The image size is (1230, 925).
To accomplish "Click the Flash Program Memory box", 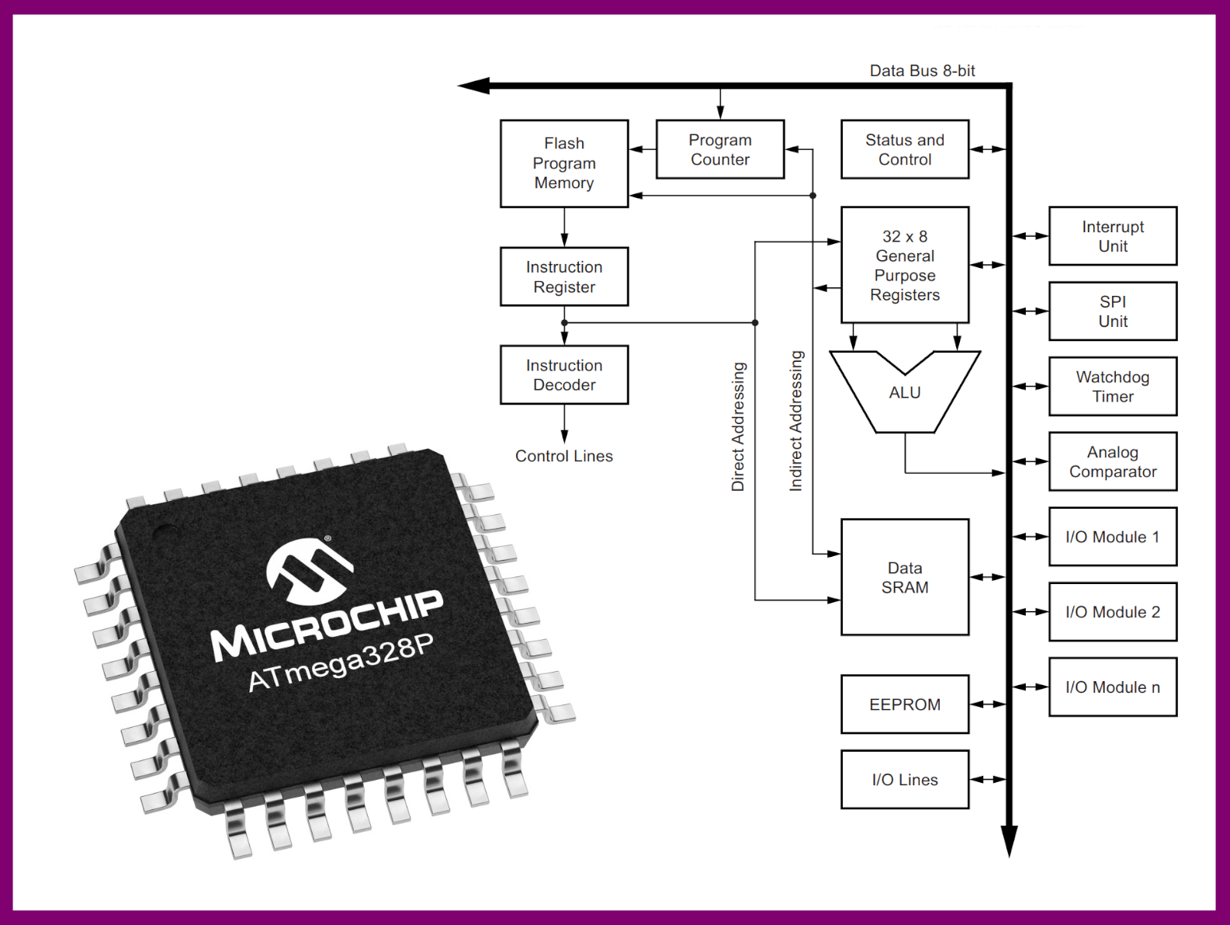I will coord(564,163).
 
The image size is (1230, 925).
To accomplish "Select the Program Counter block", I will coord(720,149).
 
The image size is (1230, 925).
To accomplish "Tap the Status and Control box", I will coord(905,149).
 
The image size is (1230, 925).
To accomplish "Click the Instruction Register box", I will coord(564,276).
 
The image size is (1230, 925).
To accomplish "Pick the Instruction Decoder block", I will coord(564,374).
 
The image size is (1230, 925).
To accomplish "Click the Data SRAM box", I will coord(905,577).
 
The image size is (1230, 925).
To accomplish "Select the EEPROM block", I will coord(905,704).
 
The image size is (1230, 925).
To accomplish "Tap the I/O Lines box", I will coord(905,779).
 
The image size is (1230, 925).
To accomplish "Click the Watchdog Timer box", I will coord(1113,386).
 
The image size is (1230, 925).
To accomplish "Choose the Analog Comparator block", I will coord(1113,461).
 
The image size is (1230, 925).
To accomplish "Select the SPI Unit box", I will coord(1113,311).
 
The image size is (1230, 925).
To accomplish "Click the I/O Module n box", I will coord(1113,687).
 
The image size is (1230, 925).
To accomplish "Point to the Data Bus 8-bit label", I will coord(922,71).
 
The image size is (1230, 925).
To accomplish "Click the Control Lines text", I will coord(564,456).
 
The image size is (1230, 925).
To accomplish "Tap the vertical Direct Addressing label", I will coord(738,426).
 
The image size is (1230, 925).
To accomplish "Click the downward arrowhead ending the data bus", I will coord(1009,840).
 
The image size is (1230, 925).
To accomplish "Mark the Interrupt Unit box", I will coord(1113,236).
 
